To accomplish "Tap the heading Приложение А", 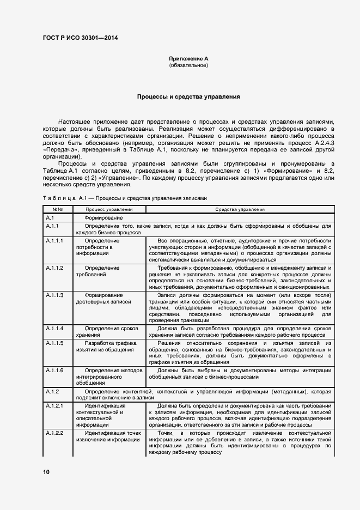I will (188, 58).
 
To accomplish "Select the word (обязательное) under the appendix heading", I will (188, 65).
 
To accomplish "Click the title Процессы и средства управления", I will (188, 96).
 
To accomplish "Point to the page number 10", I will (46, 472).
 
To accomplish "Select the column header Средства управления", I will (240, 209).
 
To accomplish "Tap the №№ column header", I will (57, 209).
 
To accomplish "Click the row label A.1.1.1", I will (55, 240).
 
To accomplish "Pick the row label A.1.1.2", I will (55, 268).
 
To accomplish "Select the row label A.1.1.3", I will (55, 295).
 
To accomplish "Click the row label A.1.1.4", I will (55, 329).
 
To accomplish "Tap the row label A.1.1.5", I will (55, 343).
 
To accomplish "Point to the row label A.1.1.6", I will (55, 370).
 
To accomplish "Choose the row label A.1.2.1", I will (55, 406).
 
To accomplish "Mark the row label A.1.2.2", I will (55, 433).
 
